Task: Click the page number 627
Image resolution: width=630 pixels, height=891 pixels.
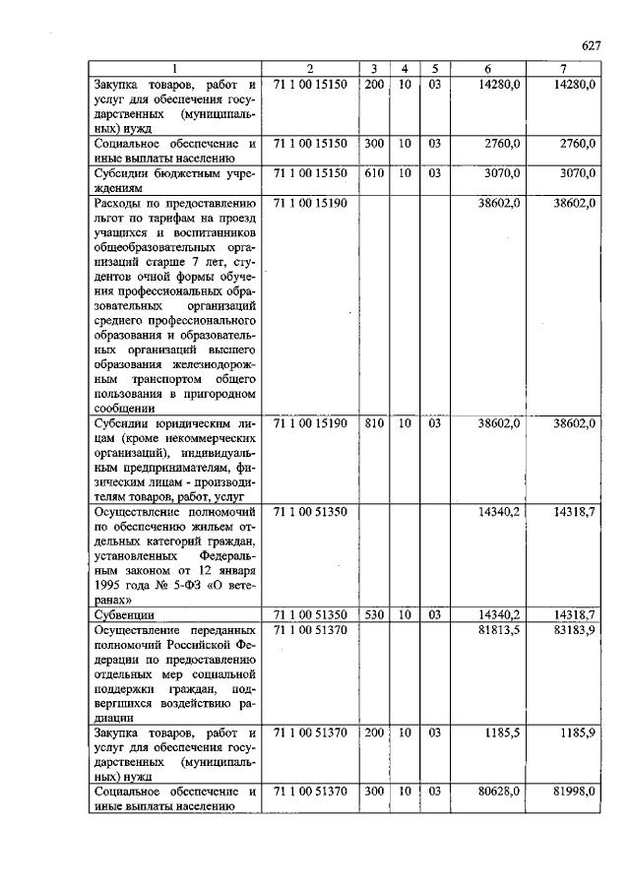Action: pos(590,46)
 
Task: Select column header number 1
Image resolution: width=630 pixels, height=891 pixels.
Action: pos(174,69)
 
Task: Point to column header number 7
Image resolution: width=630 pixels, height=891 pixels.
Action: pos(562,69)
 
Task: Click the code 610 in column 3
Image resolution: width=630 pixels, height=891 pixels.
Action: pos(373,173)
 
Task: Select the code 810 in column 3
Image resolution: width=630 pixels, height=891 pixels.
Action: pos(373,423)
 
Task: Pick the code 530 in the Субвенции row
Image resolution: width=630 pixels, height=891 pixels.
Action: pos(373,614)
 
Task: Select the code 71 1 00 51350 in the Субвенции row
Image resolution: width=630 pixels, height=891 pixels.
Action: pos(309,614)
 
